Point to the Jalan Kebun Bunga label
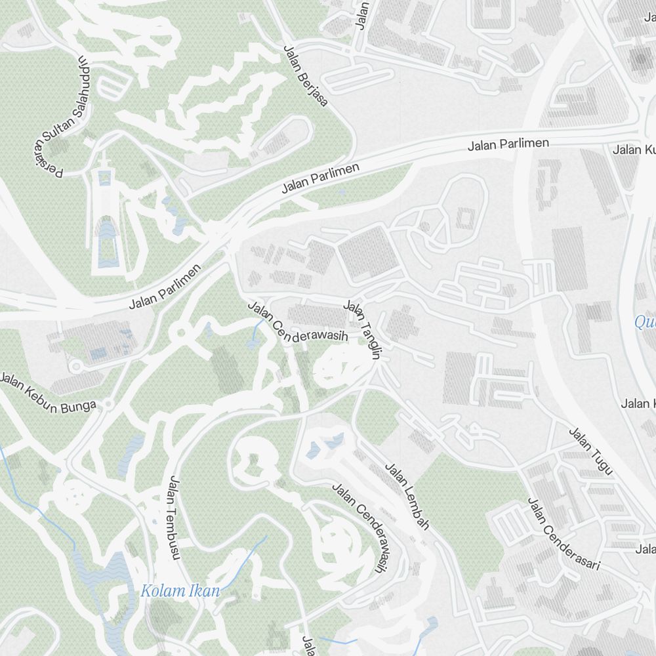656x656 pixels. pos(48,394)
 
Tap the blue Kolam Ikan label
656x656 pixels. pos(180,590)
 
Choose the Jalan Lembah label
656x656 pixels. pos(407,497)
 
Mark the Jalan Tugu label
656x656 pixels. pos(590,451)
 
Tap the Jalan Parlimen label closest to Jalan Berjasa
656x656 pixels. pos(321,178)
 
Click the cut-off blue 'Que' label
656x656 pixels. pos(645,322)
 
